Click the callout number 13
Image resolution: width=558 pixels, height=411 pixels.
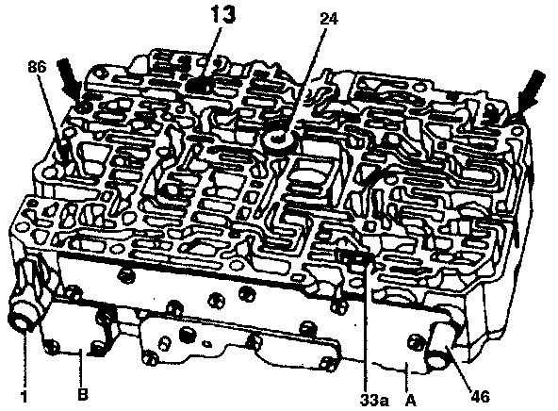pos(222,14)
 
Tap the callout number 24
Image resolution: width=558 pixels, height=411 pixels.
pos(329,19)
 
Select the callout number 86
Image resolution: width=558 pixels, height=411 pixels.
pos(37,68)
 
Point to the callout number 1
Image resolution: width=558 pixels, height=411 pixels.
pos(24,396)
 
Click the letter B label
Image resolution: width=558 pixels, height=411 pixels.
pos(83,394)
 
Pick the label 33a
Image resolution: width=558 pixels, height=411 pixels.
pos(374,401)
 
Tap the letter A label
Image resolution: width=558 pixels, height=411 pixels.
pos(411,401)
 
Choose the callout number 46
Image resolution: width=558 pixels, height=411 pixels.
pos(480,396)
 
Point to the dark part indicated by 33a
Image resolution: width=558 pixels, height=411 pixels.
pos(356,257)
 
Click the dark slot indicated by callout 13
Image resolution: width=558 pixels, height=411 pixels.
pos(199,86)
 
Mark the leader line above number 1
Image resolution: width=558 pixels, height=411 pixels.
pos(25,357)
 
